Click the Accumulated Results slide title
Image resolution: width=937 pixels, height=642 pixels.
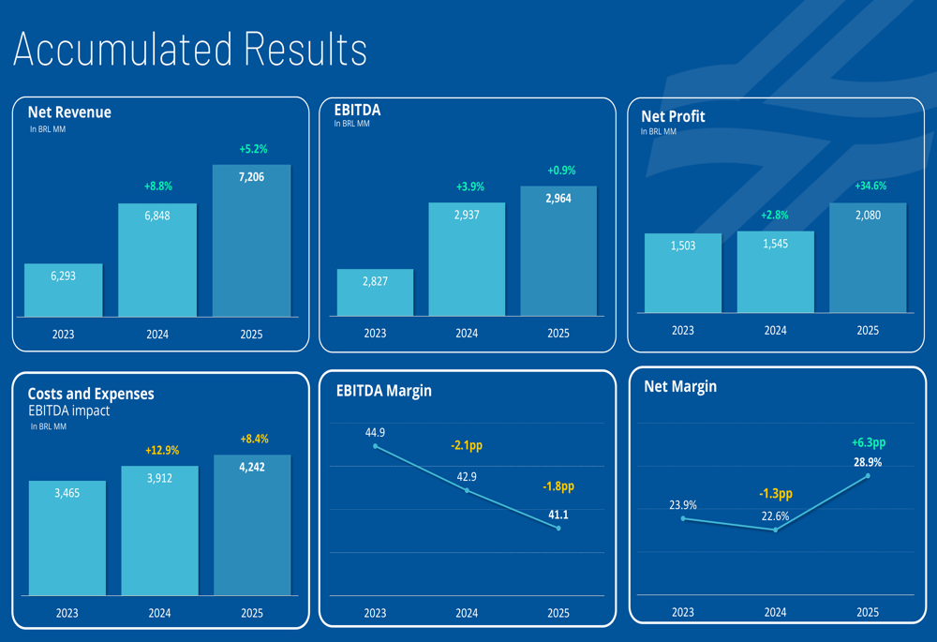pyautogui.click(x=190, y=49)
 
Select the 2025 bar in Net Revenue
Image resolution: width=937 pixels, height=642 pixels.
pyautogui.click(x=251, y=242)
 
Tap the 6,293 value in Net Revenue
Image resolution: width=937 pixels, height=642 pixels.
pyautogui.click(x=63, y=277)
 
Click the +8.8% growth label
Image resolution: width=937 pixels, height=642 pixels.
pyautogui.click(x=157, y=187)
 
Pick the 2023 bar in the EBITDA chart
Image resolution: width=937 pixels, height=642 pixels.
pyautogui.click(x=375, y=292)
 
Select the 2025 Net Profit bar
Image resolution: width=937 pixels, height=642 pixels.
pyautogui.click(x=868, y=258)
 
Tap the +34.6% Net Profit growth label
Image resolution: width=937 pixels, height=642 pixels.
pyautogui.click(x=870, y=187)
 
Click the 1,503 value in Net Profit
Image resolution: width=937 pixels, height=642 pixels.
pyautogui.click(x=683, y=246)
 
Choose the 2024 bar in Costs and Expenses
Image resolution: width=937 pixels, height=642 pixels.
pyautogui.click(x=159, y=530)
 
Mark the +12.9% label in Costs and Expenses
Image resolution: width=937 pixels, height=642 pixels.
pyautogui.click(x=160, y=451)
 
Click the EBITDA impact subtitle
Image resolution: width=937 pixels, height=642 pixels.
pyautogui.click(x=68, y=411)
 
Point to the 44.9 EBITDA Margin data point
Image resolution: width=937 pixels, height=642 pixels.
pyautogui.click(x=375, y=446)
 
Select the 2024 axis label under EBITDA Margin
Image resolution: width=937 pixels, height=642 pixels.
pyautogui.click(x=467, y=613)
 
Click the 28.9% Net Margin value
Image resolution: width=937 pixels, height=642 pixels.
pyautogui.click(x=868, y=462)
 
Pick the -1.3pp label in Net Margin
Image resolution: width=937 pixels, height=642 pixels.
pyautogui.click(x=775, y=493)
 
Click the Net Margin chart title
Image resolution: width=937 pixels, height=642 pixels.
pyautogui.click(x=680, y=386)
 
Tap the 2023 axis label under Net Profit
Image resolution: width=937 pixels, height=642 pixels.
pyautogui.click(x=683, y=330)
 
